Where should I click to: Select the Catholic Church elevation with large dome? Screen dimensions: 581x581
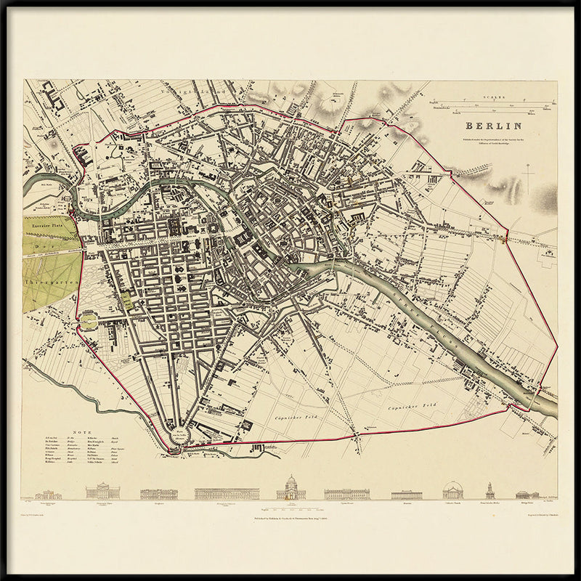point(452,490)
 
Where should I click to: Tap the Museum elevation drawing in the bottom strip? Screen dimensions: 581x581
point(406,495)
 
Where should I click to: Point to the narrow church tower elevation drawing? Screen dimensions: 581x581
point(490,490)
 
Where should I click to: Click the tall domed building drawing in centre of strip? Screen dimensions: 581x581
point(290,488)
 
